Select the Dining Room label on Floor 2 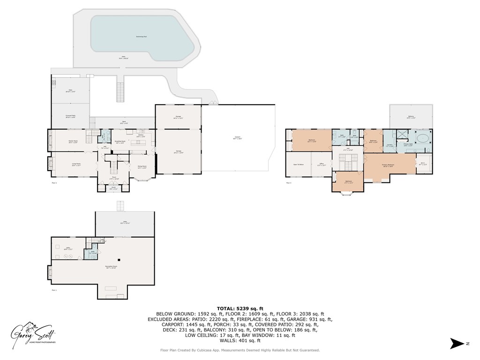point(142,167)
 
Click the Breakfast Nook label point(120,142)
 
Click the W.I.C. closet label point(422,164)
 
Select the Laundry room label point(389,146)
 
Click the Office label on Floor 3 point(321,165)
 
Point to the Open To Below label point(299,165)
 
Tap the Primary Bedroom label point(388,165)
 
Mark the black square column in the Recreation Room point(120,260)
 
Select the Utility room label point(68,248)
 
